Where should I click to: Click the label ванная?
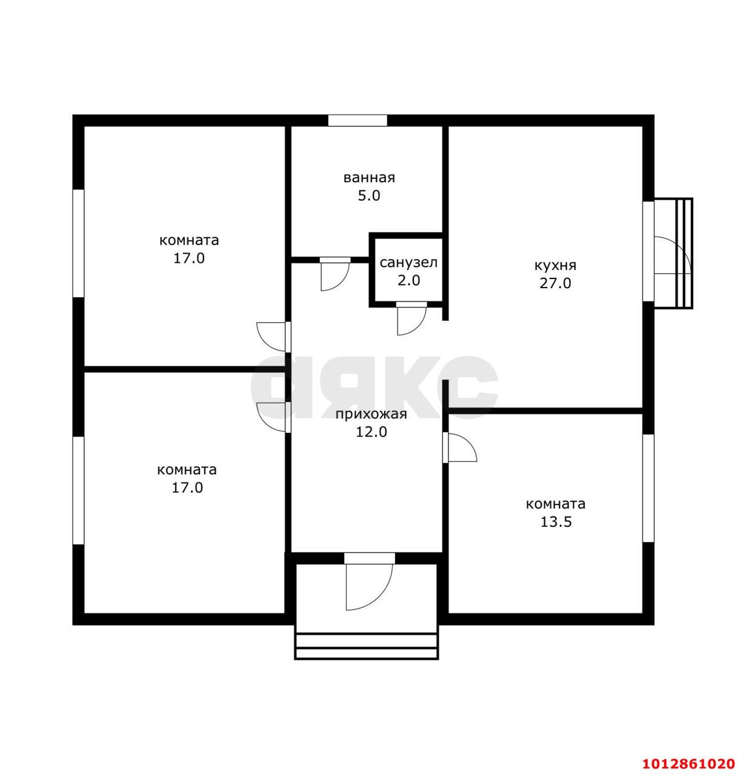368,177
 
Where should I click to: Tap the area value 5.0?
368,196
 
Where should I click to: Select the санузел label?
408,263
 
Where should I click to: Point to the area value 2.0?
408,280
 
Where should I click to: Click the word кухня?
555,265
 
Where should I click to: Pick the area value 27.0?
555,283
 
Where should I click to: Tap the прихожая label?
371,415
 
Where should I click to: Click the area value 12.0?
371,432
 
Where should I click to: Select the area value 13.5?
556,522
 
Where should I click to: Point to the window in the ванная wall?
357,120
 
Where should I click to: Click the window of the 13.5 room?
648,488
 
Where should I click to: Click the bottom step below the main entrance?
367,654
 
